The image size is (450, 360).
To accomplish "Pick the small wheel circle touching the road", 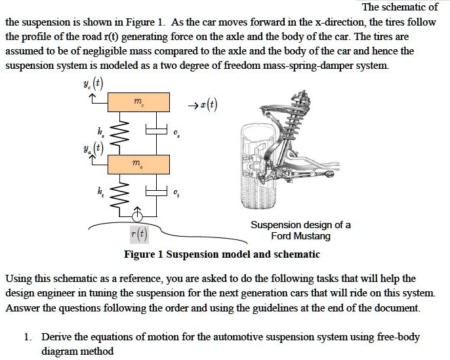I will point(138,214).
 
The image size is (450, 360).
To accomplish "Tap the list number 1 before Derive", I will point(26,337).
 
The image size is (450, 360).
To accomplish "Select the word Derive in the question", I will point(56,337).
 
